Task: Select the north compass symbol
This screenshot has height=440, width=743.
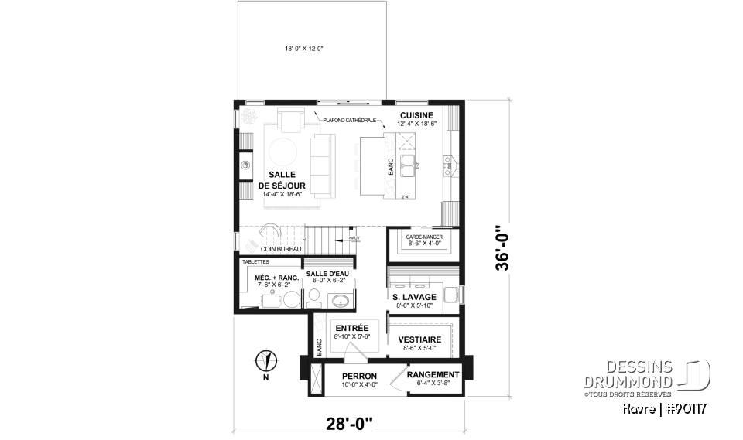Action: click(x=265, y=360)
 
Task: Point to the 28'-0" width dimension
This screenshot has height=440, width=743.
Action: click(x=349, y=423)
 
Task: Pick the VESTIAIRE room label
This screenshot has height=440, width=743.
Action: click(x=420, y=339)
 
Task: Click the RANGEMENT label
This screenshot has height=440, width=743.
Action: click(x=433, y=374)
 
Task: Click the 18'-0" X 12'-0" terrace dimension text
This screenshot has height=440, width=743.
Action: click(x=305, y=49)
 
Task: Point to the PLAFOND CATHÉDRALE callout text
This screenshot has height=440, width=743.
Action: click(x=350, y=121)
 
